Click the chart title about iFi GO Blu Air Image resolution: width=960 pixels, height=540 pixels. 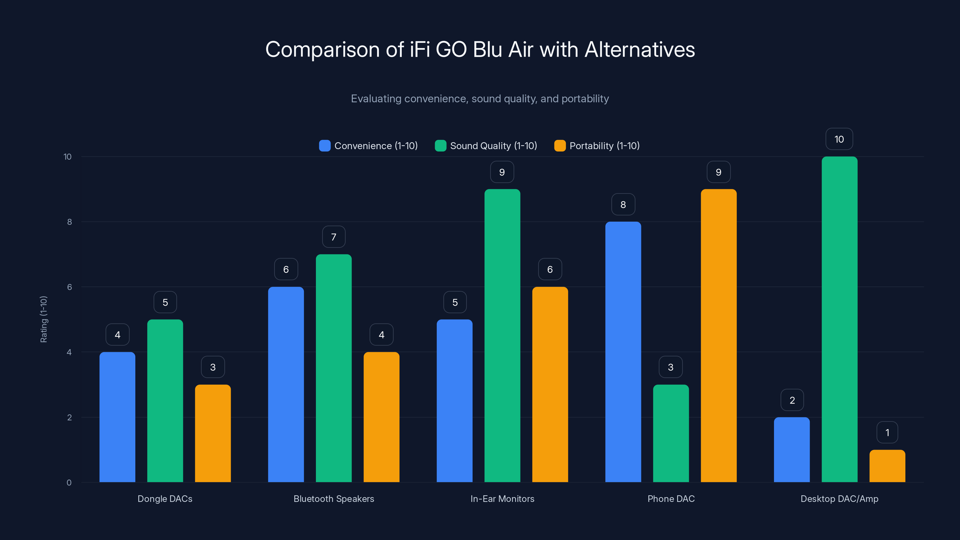[480, 49]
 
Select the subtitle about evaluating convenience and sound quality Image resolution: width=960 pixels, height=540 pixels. [480, 99]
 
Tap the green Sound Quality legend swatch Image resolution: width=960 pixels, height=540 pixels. [440, 146]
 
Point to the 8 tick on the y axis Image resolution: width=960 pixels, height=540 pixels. [69, 222]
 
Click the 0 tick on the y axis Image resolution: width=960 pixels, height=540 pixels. [69, 483]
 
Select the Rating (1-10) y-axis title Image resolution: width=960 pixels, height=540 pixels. [43, 319]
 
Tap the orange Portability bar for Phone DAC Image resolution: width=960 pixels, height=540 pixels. [718, 335]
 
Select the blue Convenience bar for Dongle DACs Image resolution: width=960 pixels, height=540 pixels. [117, 417]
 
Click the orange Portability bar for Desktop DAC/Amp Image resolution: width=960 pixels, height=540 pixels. [887, 466]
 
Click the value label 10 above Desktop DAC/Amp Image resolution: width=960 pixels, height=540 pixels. [839, 139]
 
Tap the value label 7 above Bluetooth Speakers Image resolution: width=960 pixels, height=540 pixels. [334, 237]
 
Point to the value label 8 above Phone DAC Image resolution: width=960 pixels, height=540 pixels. [623, 205]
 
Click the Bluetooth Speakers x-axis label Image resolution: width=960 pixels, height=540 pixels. [334, 499]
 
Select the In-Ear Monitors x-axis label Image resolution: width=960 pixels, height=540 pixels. [502, 499]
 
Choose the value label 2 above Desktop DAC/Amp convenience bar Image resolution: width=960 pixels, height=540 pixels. [792, 400]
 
